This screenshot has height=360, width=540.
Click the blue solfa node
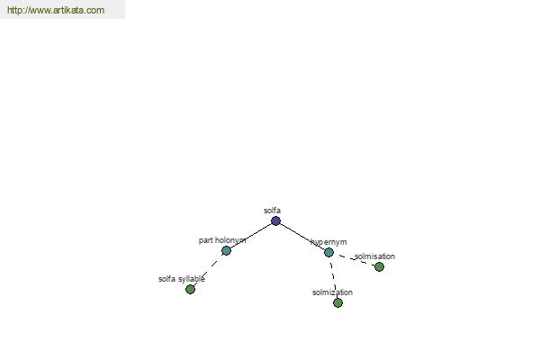tap(275, 220)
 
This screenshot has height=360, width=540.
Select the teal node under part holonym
tap(226, 250)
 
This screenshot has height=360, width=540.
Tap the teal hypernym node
tap(328, 253)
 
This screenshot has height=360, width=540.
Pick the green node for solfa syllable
tap(190, 290)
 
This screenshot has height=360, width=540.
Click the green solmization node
tap(337, 302)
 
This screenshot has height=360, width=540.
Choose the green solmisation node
tap(379, 266)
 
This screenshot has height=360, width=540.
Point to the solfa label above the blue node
tap(272, 210)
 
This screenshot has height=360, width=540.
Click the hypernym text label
tap(328, 242)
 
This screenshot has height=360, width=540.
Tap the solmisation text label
tap(374, 256)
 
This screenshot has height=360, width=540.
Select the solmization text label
tap(332, 292)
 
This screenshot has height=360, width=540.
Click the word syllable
tap(191, 279)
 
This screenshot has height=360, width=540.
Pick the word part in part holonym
tap(205, 240)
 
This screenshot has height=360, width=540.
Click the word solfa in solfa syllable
tap(167, 279)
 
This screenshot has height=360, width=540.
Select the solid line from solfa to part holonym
tap(251, 236)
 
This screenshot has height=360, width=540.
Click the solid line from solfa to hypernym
tap(302, 237)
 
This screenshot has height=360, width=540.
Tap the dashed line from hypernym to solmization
tap(333, 277)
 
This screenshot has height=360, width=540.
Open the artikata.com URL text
tap(56, 10)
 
